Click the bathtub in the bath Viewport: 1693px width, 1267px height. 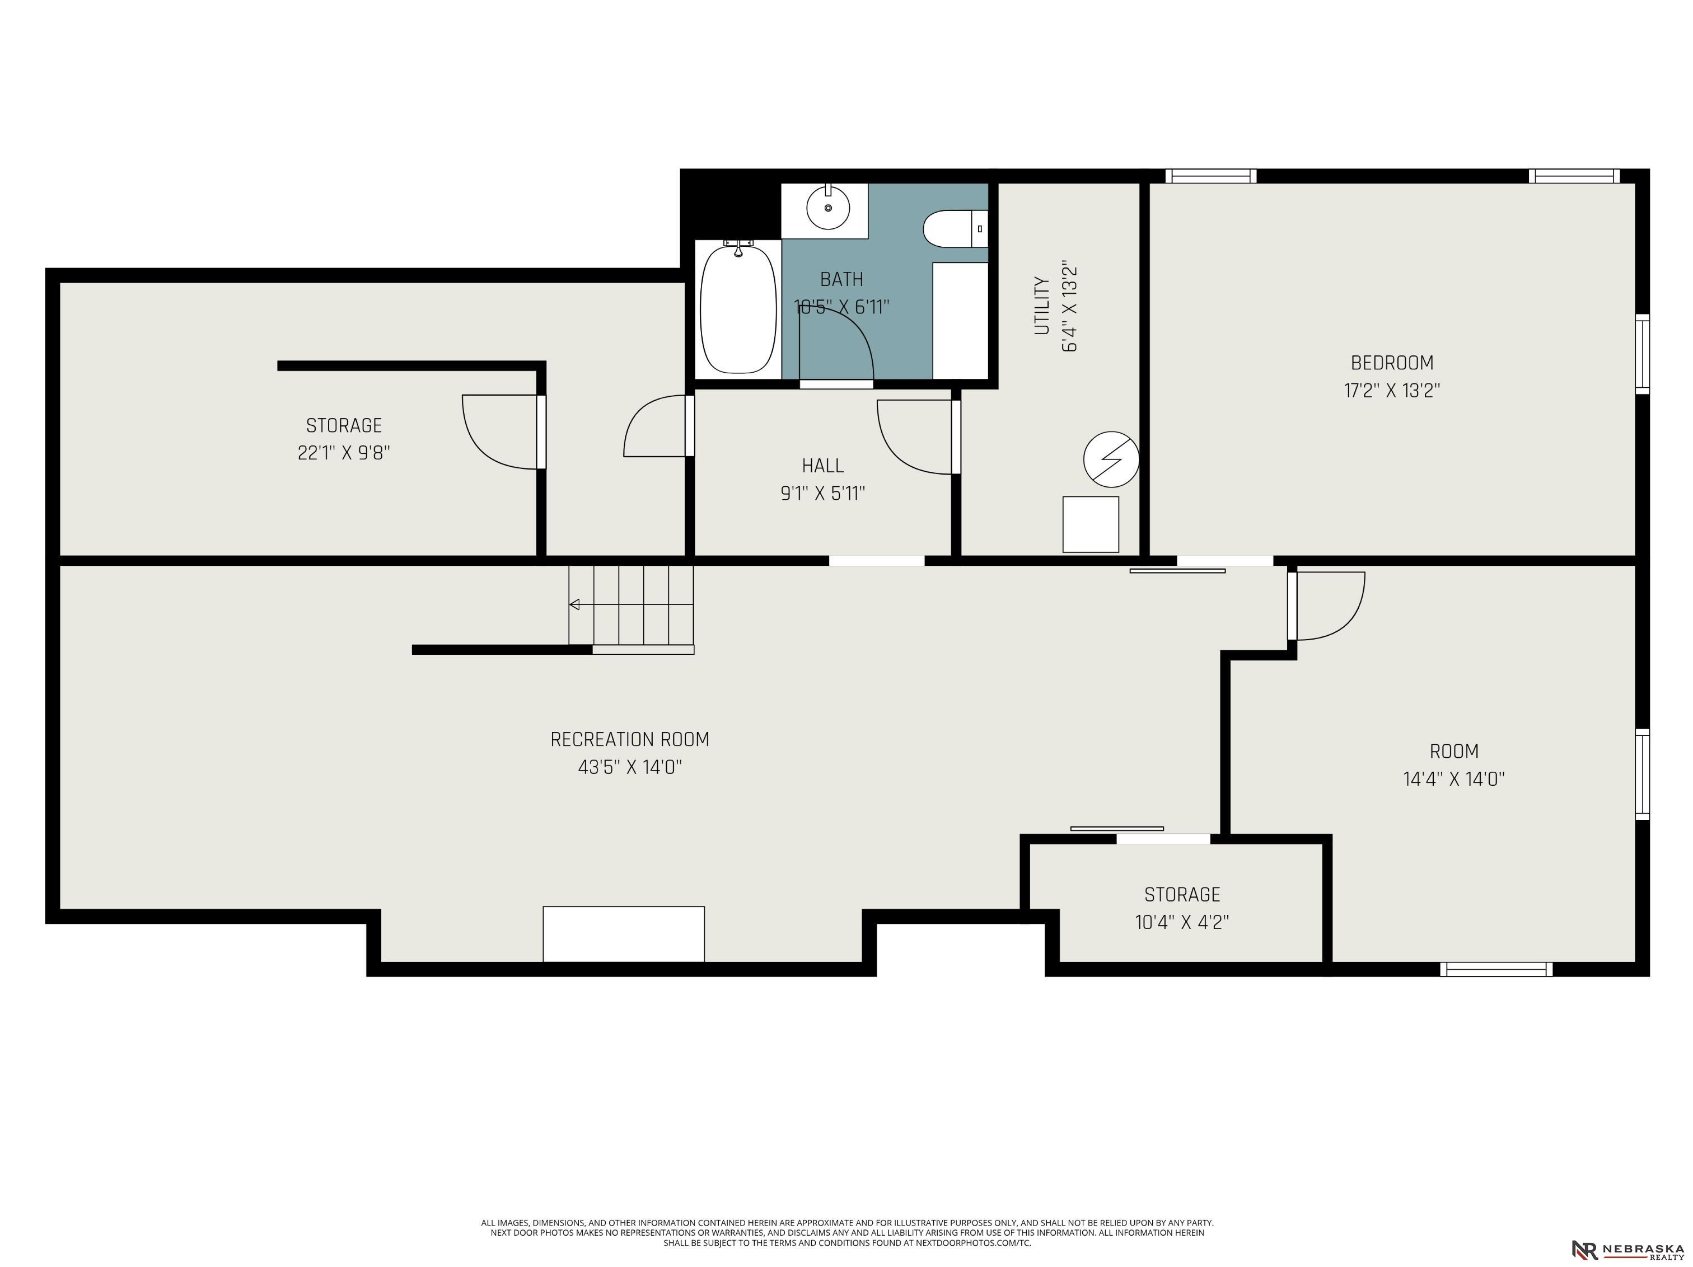[x=738, y=308]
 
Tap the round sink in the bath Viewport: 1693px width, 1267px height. [x=828, y=207]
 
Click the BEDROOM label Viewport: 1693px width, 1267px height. [x=1391, y=363]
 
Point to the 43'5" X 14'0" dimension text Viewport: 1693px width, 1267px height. [x=630, y=767]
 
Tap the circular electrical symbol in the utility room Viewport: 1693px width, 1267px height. [x=1111, y=460]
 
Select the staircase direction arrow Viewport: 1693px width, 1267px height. [x=574, y=604]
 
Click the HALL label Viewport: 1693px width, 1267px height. [x=823, y=465]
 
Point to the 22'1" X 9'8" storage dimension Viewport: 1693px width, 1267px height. [x=344, y=452]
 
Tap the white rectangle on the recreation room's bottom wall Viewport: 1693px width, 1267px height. [x=624, y=933]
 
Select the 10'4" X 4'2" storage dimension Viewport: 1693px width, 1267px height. [x=1182, y=922]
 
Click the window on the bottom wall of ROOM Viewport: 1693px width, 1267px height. [x=1496, y=969]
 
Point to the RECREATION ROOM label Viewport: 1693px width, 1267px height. [x=630, y=739]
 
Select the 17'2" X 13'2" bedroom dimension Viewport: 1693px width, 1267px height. [x=1391, y=390]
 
